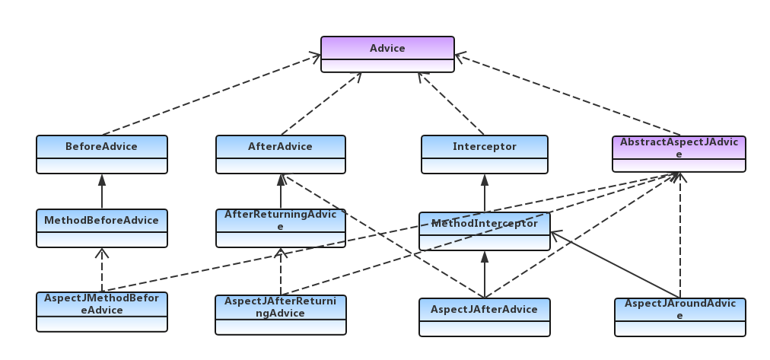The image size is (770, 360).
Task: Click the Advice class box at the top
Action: (x=387, y=54)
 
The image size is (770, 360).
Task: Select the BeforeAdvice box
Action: (x=102, y=155)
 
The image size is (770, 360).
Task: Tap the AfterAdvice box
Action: (x=281, y=155)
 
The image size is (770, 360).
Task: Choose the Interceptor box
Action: (x=484, y=155)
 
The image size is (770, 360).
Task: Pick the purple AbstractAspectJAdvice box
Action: (x=679, y=154)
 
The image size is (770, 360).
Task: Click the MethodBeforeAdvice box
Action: (x=102, y=228)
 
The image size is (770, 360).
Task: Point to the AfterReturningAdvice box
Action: (x=281, y=228)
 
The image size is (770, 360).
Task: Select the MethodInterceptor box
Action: (x=484, y=231)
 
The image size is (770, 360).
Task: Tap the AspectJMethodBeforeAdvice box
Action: (x=102, y=312)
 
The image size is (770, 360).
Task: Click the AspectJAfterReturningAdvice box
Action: (x=281, y=315)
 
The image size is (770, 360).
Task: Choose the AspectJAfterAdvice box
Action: (x=484, y=317)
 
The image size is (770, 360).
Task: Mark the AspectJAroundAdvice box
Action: (x=680, y=317)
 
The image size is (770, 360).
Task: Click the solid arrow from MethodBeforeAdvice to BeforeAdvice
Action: (x=102, y=192)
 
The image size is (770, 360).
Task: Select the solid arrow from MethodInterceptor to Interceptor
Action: (x=485, y=193)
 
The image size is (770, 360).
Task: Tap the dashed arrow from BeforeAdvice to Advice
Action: (x=212, y=94)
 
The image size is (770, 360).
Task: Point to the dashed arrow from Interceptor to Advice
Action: (x=450, y=104)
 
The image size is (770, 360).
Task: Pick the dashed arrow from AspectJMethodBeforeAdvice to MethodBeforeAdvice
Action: (x=102, y=269)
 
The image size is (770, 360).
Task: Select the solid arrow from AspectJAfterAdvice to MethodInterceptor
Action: (x=485, y=275)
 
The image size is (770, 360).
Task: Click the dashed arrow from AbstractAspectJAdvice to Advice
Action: (x=567, y=94)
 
